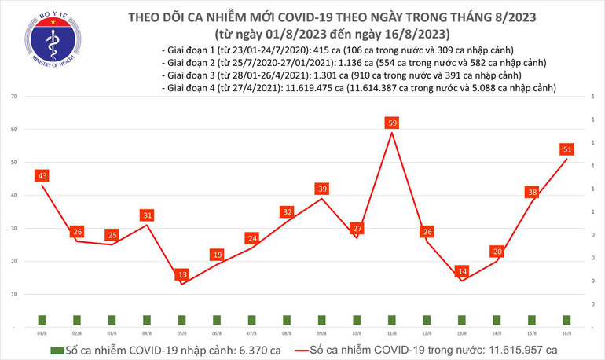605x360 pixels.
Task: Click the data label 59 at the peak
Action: (391, 123)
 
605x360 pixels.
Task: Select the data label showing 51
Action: (566, 149)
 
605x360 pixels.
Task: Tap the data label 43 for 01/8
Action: (42, 174)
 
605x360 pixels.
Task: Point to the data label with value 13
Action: (181, 274)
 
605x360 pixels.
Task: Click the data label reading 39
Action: (321, 189)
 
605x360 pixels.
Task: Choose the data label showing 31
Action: (147, 215)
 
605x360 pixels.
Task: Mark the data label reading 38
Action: (531, 192)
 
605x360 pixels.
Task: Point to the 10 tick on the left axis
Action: (14, 294)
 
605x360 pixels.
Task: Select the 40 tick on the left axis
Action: (14, 195)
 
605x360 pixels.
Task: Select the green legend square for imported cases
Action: (56, 349)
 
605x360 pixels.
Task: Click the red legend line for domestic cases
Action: (299, 349)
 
